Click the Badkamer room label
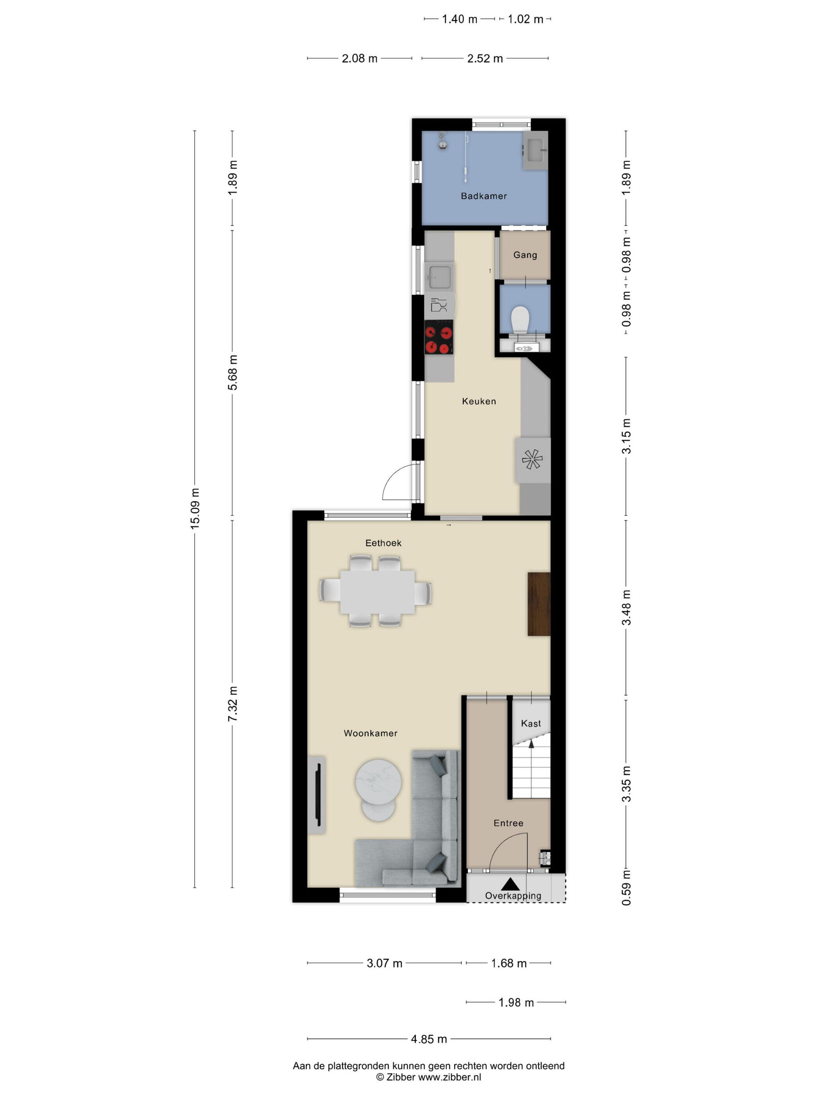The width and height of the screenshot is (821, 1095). coord(484,196)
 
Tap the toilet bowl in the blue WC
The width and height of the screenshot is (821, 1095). coord(520,319)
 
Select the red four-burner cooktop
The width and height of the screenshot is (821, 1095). coord(439,337)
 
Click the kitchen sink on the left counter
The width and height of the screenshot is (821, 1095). coord(439,277)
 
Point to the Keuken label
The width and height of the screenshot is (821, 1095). coord(479,401)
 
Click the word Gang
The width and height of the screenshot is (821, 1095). coord(525,255)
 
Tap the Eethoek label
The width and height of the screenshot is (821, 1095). coord(383,543)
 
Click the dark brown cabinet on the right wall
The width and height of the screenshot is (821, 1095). coord(539,604)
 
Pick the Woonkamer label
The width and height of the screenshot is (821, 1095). coord(370,733)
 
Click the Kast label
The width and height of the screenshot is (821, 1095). coord(531,723)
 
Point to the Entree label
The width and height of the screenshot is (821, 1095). coord(508,823)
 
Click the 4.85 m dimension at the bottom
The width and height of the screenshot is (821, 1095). coord(428,1039)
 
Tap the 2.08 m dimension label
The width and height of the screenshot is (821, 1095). coord(359,58)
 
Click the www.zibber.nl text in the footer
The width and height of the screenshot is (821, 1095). coord(449,1077)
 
